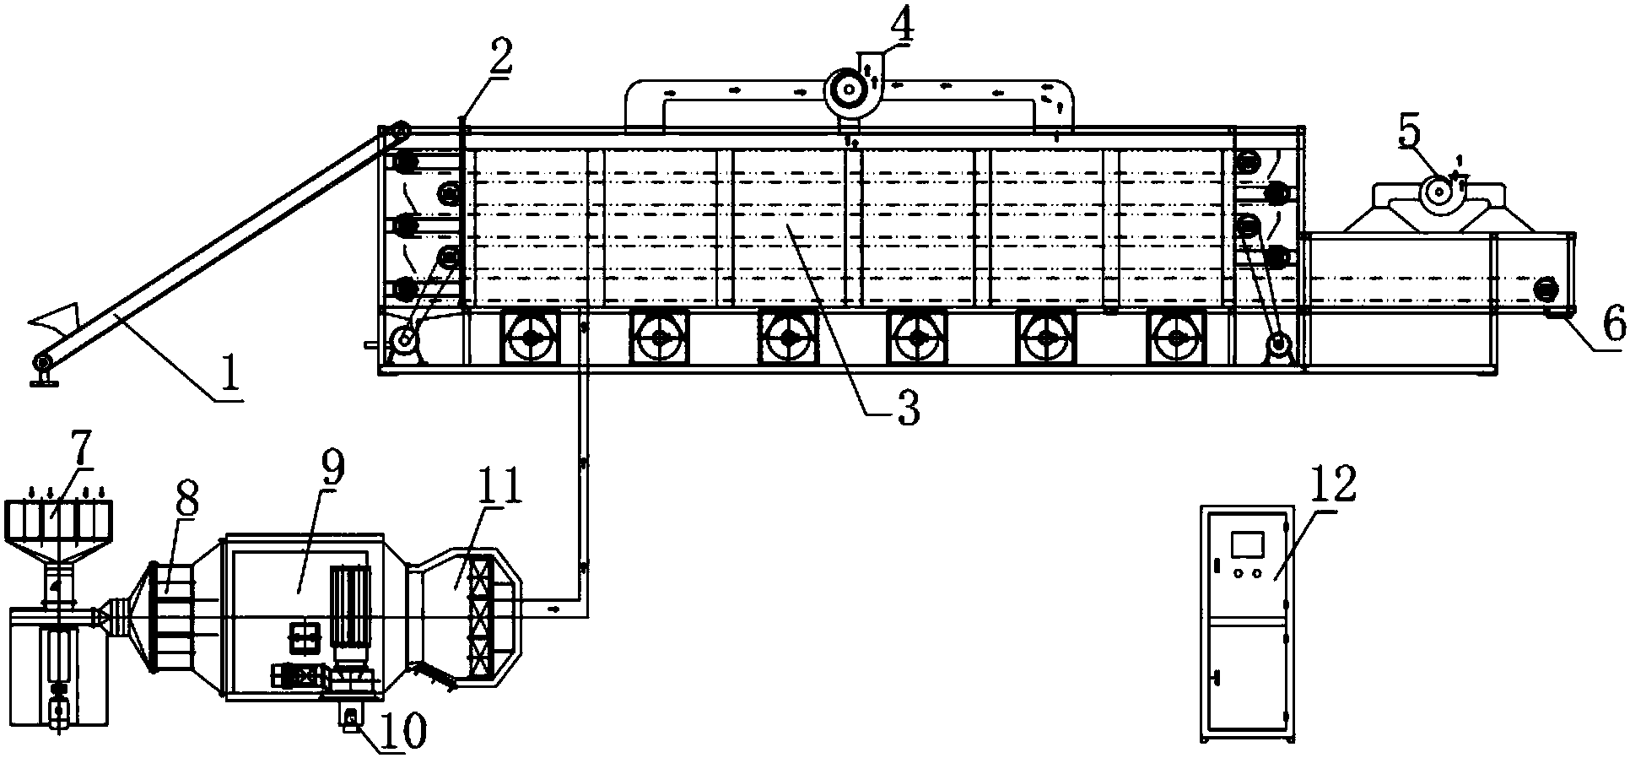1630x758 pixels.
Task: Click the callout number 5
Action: pos(1410,130)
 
